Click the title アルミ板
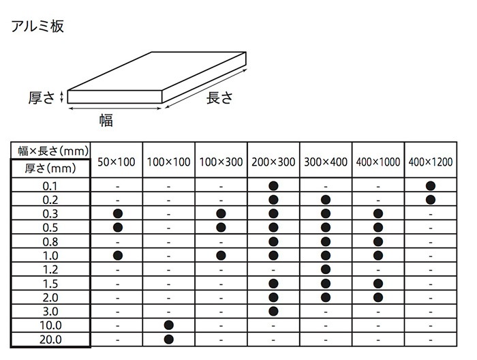pos(37,26)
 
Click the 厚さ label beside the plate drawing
pos(42,97)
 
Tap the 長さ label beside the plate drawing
pos(219,97)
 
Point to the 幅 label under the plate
pos(106,120)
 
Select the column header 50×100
pos(117,162)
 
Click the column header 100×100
pos(169,162)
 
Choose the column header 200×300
pos(273,162)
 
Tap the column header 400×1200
pos(431,162)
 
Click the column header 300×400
pos(326,162)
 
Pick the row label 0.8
pos(50,242)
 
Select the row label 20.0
pos(50,340)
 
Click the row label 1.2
pos(50,270)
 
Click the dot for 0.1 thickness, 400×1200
pos(431,185)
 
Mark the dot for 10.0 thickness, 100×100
pos(169,325)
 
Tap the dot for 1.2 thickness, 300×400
pos(326,269)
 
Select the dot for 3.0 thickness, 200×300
pos(273,311)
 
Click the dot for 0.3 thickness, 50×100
pos(118,213)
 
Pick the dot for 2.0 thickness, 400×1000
pos(378,297)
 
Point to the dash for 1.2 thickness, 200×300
pos(273,270)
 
